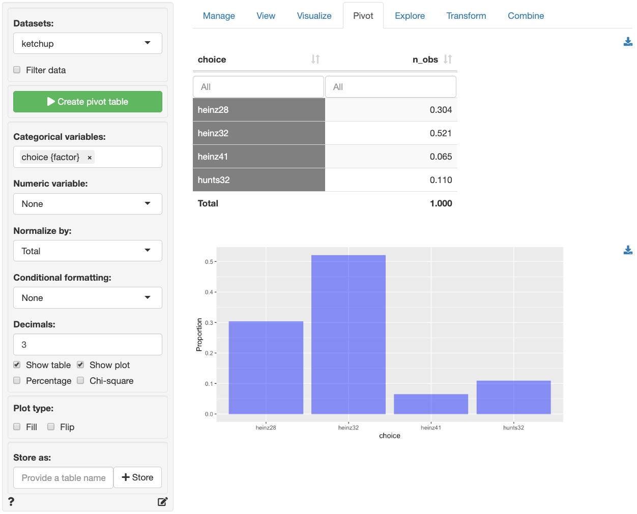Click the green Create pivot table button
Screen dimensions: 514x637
88,102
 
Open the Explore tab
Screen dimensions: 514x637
410,16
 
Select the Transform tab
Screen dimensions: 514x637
466,16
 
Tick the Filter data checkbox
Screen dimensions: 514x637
17,70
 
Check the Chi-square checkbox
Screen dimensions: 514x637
80,380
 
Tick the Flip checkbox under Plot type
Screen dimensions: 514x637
51,427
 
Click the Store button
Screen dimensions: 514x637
137,477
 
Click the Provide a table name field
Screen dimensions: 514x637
64,478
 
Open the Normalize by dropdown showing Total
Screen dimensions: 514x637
88,251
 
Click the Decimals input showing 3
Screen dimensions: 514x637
88,345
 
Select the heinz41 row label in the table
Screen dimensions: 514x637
213,157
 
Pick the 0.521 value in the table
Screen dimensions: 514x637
441,133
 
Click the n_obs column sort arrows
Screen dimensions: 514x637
448,59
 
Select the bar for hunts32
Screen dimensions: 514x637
513,397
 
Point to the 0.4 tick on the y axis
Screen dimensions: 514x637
209,292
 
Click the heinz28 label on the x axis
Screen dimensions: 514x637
266,428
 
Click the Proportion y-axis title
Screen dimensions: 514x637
199,335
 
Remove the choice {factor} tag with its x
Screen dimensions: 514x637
90,158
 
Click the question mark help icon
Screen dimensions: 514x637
11,502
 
